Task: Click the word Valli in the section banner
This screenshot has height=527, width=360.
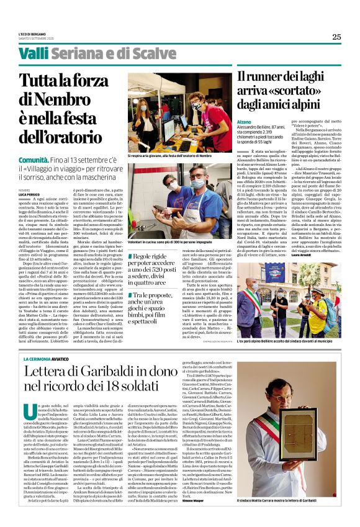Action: (35, 54)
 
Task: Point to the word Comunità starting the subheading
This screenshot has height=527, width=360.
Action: (32, 160)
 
